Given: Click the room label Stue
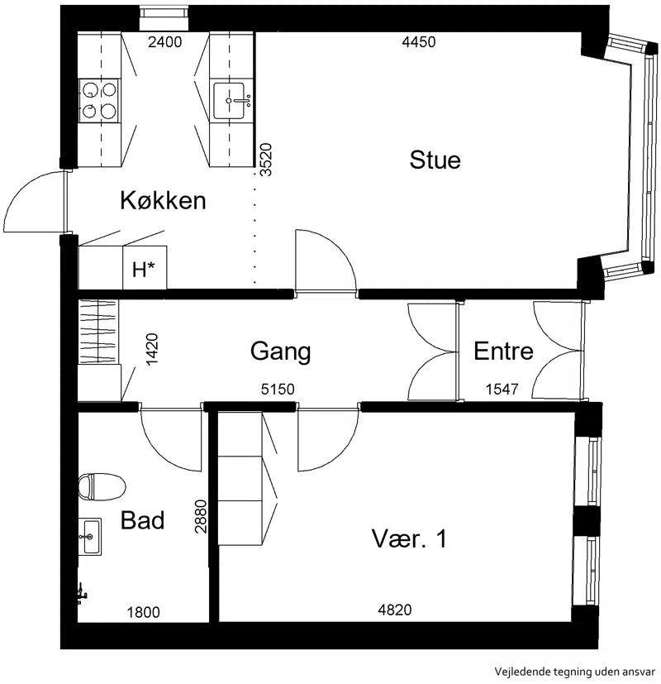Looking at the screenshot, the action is (x=435, y=160).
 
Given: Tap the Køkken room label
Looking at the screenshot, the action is (x=163, y=200).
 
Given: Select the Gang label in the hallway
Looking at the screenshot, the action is (x=281, y=352).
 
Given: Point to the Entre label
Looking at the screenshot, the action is (x=503, y=352).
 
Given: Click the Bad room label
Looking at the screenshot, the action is (x=142, y=520).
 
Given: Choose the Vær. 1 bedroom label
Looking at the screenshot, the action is (x=409, y=538).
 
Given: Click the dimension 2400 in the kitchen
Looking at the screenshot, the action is (x=164, y=42).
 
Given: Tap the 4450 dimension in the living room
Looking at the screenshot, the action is (x=419, y=42).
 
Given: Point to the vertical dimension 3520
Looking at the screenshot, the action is (x=266, y=160).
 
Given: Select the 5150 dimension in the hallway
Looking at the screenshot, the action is (x=278, y=389).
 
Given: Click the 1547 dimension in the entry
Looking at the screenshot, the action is (x=502, y=389).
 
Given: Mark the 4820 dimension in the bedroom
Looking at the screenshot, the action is (x=395, y=610).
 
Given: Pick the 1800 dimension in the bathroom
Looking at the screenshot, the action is (x=144, y=613).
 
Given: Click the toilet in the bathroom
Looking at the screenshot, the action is (x=102, y=486).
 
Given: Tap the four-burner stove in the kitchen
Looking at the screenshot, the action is (x=99, y=100).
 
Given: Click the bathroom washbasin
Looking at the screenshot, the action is (x=90, y=537).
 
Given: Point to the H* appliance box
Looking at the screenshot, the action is (x=145, y=267).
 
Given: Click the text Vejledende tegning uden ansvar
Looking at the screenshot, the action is (x=575, y=671).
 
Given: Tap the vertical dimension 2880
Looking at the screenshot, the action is (x=201, y=516).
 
